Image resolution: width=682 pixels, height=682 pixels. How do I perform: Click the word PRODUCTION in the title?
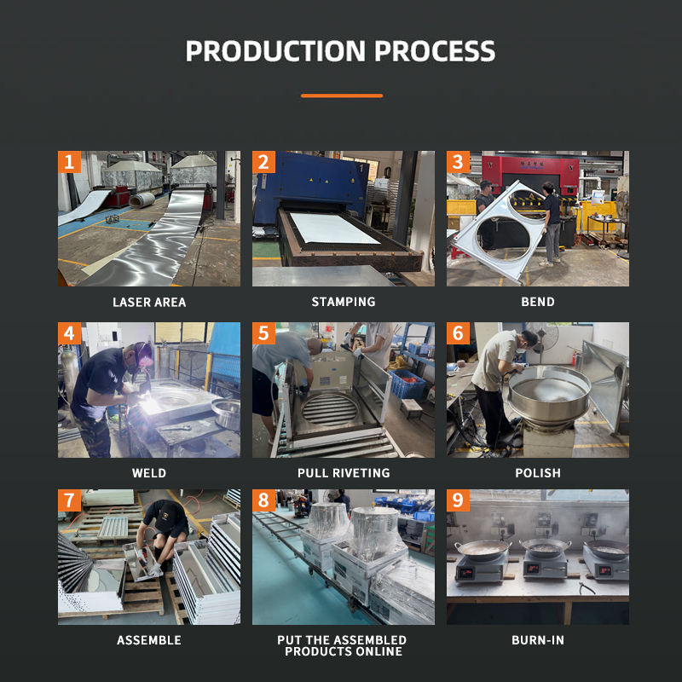tap(275, 51)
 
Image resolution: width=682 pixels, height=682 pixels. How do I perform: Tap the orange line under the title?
tap(342, 95)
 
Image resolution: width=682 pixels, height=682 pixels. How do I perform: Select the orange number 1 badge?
tap(69, 162)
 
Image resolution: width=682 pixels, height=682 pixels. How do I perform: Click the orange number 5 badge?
tap(263, 333)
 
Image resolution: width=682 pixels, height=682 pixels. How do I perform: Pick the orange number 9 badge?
tap(458, 500)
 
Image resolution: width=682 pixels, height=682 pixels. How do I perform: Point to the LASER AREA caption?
tap(149, 303)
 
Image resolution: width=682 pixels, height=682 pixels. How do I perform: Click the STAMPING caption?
tap(344, 302)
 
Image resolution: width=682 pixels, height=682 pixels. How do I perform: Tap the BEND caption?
tap(538, 302)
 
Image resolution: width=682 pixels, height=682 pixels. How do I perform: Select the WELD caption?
tap(149, 473)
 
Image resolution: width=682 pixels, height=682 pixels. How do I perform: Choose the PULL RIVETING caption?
tap(344, 473)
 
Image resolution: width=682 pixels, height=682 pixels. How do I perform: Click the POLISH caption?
tap(538, 473)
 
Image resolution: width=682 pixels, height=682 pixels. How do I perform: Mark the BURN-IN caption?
tap(538, 640)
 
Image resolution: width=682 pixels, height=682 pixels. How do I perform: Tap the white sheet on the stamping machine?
tap(334, 228)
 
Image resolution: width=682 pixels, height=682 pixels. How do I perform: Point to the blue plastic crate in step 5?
tap(407, 384)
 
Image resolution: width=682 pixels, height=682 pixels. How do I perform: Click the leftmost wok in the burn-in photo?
tap(483, 549)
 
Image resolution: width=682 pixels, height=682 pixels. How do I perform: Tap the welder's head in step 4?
tap(140, 355)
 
